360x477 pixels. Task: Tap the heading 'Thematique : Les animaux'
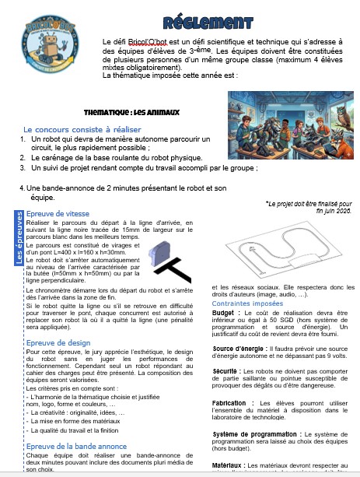click(x=131, y=112)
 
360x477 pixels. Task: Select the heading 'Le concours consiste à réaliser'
click(x=81, y=129)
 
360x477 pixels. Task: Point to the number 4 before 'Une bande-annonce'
click(x=21, y=188)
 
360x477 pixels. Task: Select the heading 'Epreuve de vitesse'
click(x=58, y=213)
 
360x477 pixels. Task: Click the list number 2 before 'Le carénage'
click(x=23, y=157)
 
